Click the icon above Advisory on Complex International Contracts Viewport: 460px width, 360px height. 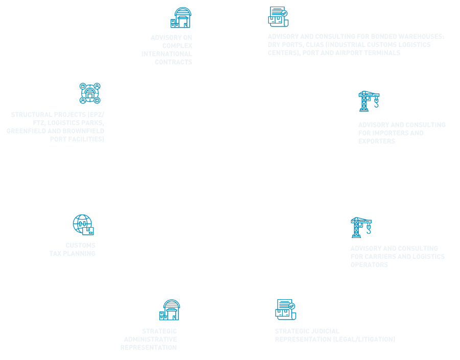(x=181, y=18)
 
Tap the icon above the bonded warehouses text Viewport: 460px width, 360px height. (x=278, y=16)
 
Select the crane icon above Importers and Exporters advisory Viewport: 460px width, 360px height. (x=369, y=101)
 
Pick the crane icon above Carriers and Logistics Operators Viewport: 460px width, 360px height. (x=361, y=227)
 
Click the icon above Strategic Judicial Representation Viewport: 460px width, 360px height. (x=285, y=309)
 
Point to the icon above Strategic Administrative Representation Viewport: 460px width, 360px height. (x=170, y=310)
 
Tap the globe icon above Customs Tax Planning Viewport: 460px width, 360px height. (x=83, y=225)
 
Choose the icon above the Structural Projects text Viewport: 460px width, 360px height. (x=90, y=93)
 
